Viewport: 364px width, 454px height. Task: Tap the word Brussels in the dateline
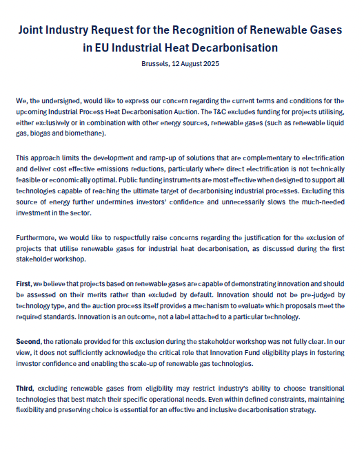tap(151, 63)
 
